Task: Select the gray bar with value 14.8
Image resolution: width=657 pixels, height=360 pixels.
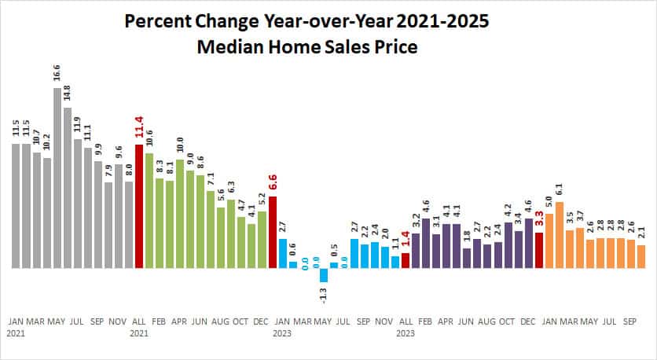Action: tap(68, 189)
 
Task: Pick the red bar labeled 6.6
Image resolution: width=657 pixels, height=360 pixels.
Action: tap(273, 232)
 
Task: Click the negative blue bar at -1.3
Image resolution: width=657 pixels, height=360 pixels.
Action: tap(324, 275)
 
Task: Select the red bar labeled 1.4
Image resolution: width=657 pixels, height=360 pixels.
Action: tap(406, 260)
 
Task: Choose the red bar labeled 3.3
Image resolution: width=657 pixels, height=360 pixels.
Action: tap(539, 250)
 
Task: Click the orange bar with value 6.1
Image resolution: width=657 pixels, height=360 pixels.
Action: tap(560, 235)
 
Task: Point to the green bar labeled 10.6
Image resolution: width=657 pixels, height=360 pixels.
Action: tap(149, 211)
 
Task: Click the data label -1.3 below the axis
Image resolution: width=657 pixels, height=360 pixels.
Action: tap(324, 296)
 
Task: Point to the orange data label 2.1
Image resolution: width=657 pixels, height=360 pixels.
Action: tap(641, 233)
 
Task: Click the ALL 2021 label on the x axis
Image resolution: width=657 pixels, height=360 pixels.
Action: tap(139, 327)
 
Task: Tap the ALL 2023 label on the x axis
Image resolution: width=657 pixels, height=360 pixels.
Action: tap(406, 327)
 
